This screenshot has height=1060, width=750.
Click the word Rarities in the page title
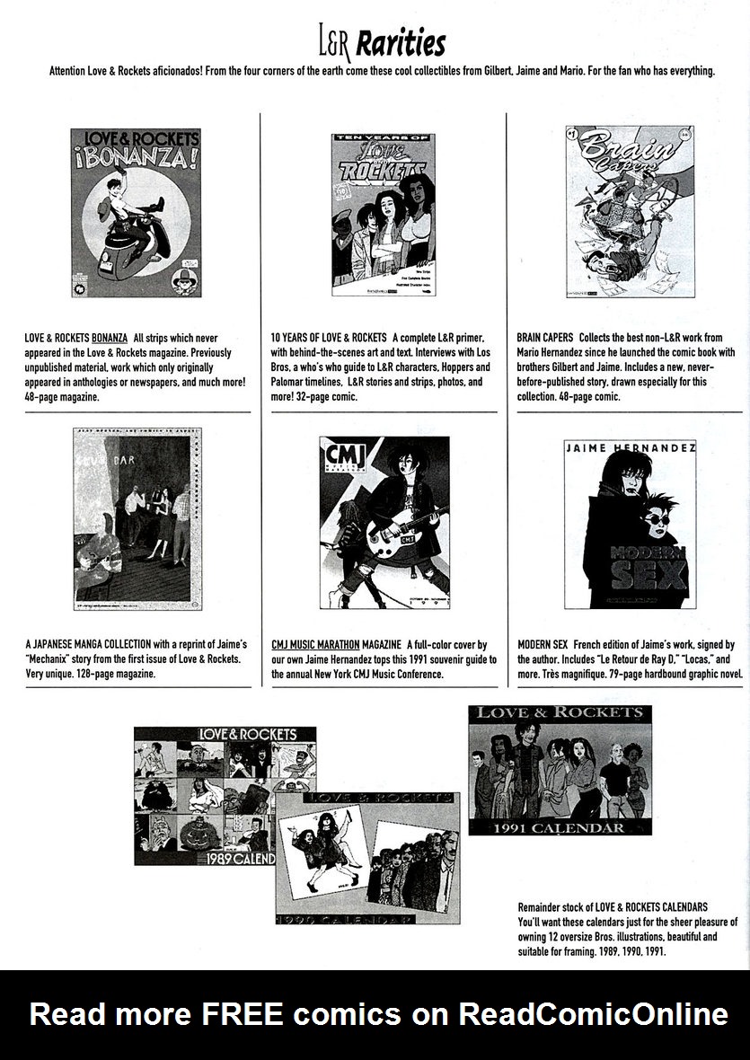tap(403, 43)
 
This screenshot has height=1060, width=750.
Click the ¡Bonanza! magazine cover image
tap(123, 212)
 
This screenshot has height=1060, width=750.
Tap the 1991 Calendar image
tap(560, 770)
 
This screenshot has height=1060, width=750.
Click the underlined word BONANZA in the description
tap(110, 338)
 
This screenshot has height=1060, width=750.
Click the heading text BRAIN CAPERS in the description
tap(545, 338)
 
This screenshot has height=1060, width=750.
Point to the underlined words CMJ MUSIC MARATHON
tap(315, 645)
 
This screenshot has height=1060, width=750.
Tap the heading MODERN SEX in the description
tap(543, 645)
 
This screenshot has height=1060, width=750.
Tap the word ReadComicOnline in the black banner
tap(594, 1014)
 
